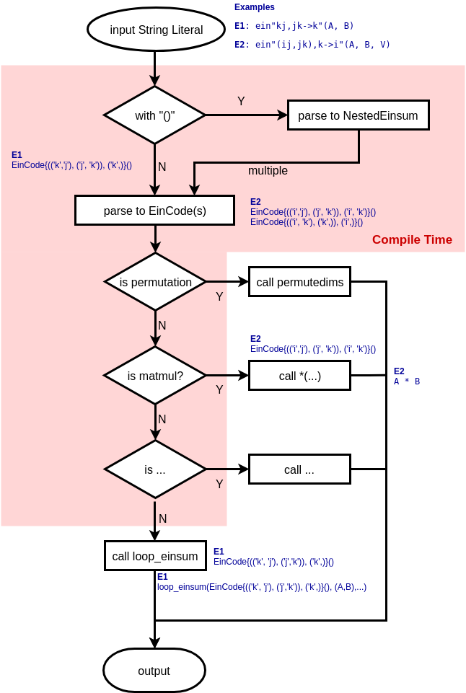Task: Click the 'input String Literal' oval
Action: (x=156, y=30)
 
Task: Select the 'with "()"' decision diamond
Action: (x=155, y=115)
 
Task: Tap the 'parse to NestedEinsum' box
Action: (x=358, y=115)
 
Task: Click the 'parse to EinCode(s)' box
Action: (x=155, y=211)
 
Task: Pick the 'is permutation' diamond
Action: (x=155, y=282)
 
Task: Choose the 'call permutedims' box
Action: (x=299, y=282)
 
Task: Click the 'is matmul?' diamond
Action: (x=155, y=376)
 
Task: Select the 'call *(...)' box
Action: (x=299, y=376)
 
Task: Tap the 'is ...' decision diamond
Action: (x=155, y=469)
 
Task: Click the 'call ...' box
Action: (x=299, y=469)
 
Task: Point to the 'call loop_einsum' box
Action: (x=155, y=556)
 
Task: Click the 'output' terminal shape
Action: (x=154, y=671)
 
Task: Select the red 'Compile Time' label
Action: (x=412, y=240)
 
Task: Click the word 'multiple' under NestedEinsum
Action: (x=268, y=171)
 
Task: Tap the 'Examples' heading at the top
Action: (x=255, y=7)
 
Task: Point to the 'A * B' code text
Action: (x=407, y=381)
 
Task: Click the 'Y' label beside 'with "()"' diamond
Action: (x=241, y=102)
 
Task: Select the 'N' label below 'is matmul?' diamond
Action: (x=162, y=419)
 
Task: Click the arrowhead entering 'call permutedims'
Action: (x=244, y=282)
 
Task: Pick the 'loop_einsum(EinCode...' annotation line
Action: (x=262, y=587)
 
